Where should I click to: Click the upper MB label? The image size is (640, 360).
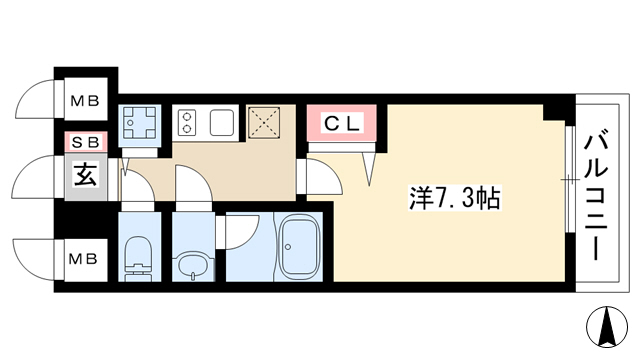pos(85,100)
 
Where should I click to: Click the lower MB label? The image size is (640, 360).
pos(83,259)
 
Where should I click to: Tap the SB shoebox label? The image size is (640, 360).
pos(86,142)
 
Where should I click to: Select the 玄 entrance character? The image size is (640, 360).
pos(86,175)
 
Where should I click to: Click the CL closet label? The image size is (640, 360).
pos(343,124)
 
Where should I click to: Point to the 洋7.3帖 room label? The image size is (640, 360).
pos(455,198)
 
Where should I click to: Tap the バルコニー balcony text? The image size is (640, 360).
pos(596,194)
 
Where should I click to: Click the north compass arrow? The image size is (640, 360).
pos(607,326)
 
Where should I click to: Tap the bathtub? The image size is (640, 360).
pos(298,246)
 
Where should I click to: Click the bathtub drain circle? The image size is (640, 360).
pos(288,247)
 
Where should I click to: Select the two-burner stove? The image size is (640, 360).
pos(187,123)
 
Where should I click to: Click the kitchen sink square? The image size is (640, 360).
pos(222,122)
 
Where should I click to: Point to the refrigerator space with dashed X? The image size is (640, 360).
pos(264,122)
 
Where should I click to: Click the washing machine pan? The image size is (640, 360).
pos(140,122)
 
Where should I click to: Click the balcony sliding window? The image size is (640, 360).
pos(570,180)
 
